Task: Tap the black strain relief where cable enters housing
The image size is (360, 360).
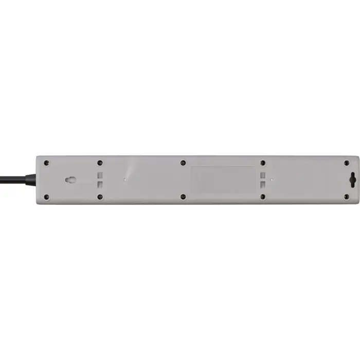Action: click(x=31, y=179)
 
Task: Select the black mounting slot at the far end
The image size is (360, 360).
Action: click(x=351, y=180)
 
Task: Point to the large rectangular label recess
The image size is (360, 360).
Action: click(x=223, y=179)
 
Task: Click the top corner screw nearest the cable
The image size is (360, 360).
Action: click(x=47, y=163)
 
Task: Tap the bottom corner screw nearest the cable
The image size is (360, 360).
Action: click(x=47, y=196)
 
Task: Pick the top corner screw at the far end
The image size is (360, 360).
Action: click(x=346, y=163)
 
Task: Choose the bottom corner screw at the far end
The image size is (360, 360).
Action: click(x=346, y=196)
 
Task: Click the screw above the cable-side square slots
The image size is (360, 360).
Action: click(x=100, y=163)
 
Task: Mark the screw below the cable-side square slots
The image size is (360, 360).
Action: click(x=100, y=196)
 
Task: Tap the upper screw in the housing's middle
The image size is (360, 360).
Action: click(x=183, y=163)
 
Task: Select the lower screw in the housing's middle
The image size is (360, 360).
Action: click(x=183, y=196)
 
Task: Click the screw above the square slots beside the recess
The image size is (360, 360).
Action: click(x=263, y=163)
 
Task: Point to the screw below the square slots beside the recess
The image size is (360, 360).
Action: click(x=263, y=196)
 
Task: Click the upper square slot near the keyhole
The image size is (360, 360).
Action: click(x=101, y=175)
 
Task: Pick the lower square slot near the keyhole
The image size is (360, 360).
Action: click(x=101, y=185)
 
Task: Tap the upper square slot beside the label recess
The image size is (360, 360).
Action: click(x=263, y=175)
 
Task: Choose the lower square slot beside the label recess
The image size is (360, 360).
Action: click(x=263, y=185)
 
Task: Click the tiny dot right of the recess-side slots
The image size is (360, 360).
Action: click(x=272, y=179)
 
